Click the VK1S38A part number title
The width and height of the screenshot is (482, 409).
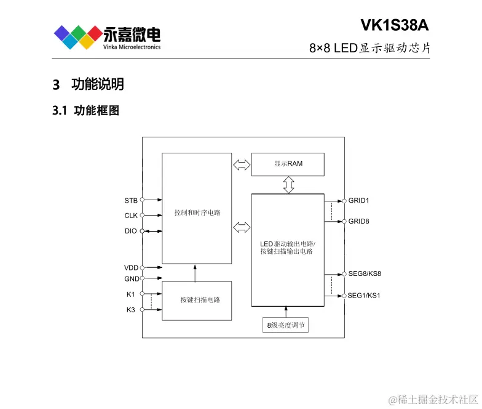click(394, 25)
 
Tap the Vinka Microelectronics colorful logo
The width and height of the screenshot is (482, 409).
click(76, 36)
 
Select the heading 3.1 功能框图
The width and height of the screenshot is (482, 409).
click(85, 111)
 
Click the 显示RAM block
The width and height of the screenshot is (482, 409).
click(288, 164)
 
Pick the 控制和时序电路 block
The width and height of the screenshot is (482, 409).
click(197, 212)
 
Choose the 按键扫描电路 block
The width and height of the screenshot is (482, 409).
click(197, 300)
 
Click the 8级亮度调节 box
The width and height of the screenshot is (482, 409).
click(285, 325)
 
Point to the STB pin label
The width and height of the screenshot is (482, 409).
click(131, 200)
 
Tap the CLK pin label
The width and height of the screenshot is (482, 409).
click(131, 216)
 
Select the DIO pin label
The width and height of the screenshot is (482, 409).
click(131, 231)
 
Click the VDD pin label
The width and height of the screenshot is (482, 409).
click(131, 268)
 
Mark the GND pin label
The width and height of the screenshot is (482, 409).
click(132, 279)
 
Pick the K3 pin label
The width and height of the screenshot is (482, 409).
click(130, 310)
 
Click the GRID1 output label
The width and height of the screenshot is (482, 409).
click(359, 201)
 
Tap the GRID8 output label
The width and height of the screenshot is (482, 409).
click(359, 221)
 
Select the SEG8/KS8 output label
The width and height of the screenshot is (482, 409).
click(365, 273)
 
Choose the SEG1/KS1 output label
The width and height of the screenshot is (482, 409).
click(364, 296)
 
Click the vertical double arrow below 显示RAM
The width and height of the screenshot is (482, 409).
click(288, 184)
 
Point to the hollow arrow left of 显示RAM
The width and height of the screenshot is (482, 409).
click(242, 164)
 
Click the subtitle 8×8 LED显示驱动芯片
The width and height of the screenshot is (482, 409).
click(369, 48)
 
